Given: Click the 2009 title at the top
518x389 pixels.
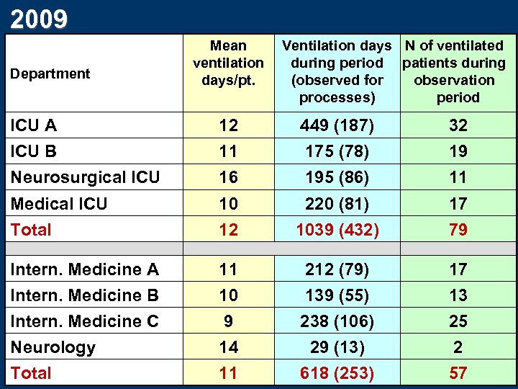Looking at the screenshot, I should coord(40,17).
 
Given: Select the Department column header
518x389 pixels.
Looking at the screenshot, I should coord(50,73).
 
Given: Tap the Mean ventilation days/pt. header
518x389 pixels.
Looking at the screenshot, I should coord(228,63).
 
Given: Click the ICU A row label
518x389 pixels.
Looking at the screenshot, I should coord(34,125).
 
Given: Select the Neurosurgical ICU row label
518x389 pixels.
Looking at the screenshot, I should coord(85,177).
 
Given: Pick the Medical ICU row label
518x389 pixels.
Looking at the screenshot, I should coord(59,204).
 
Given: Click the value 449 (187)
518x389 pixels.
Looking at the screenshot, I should coord(337,125).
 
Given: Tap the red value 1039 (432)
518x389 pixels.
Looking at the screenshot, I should coord(337,230).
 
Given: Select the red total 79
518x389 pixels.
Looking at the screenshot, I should coord(458,230).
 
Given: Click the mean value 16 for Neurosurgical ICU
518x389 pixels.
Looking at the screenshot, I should coord(228,177).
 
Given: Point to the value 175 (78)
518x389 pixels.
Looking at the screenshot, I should coord(337,151).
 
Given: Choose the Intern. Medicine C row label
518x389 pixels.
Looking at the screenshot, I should coord(85,321).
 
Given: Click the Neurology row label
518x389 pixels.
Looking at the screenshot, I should coord(53,347).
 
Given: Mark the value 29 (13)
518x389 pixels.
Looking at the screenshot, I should coord(337,347).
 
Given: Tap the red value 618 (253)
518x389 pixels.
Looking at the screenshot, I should coord(337,373).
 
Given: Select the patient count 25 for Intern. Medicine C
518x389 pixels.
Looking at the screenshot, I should coord(458,321).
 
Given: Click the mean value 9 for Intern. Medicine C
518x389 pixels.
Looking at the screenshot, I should coord(228,321).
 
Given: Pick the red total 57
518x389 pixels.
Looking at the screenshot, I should coord(458,373).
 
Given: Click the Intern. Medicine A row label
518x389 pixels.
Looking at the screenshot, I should coord(85,269).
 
